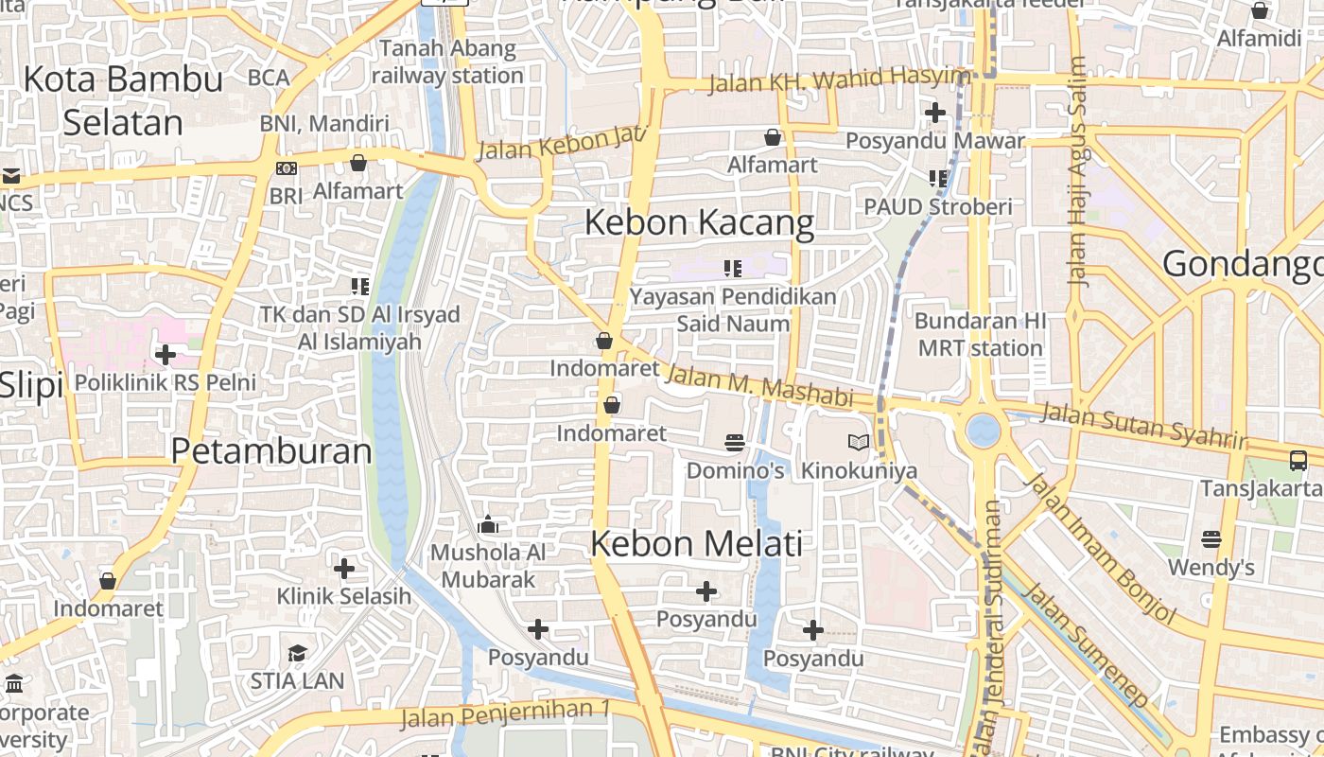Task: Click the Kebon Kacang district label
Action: [699, 223]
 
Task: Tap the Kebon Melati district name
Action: [697, 543]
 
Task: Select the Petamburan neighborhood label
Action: [271, 451]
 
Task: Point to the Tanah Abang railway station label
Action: [447, 62]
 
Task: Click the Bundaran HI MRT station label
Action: [981, 334]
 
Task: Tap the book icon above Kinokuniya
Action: [858, 442]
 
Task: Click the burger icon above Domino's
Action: [734, 442]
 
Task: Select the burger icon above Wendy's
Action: [1211, 539]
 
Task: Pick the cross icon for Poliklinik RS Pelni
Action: [165, 355]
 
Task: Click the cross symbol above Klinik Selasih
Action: [344, 568]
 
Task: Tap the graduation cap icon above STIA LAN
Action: [297, 653]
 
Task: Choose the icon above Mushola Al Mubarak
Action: [488, 524]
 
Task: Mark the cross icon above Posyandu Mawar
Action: [934, 113]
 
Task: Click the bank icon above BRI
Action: [286, 167]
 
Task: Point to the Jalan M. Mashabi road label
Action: [759, 386]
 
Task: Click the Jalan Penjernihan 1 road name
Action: [506, 714]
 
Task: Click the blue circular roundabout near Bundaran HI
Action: [984, 431]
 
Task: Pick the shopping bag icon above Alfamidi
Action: [1260, 10]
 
